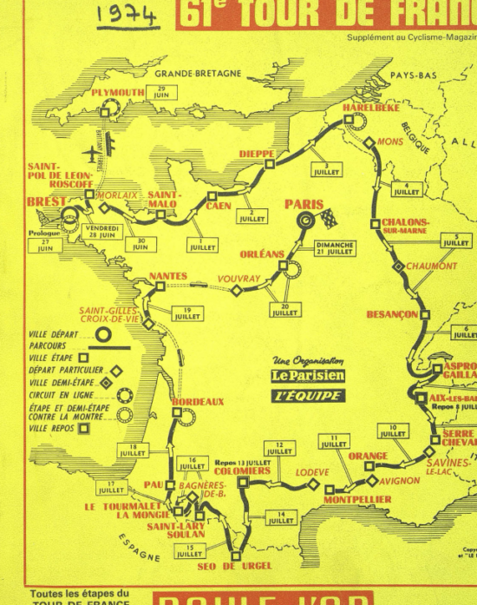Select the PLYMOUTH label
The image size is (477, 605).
click(117, 93)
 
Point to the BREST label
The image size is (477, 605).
click(46, 201)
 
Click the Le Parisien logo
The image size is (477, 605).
click(307, 375)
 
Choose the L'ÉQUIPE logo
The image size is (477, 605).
click(307, 395)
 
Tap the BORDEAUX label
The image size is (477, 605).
click(198, 402)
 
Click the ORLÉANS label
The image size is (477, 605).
click(262, 254)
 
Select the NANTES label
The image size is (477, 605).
click(168, 276)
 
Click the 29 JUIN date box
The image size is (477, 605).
click(161, 92)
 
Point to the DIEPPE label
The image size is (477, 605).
click(256, 154)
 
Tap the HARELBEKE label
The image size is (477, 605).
click(371, 109)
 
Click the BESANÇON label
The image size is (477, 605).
click(392, 314)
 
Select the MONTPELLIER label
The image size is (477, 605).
click(357, 499)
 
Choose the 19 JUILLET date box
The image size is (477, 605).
click(186, 313)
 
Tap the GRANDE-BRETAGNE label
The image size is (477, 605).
click(197, 73)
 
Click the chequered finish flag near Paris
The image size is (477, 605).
click(328, 216)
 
